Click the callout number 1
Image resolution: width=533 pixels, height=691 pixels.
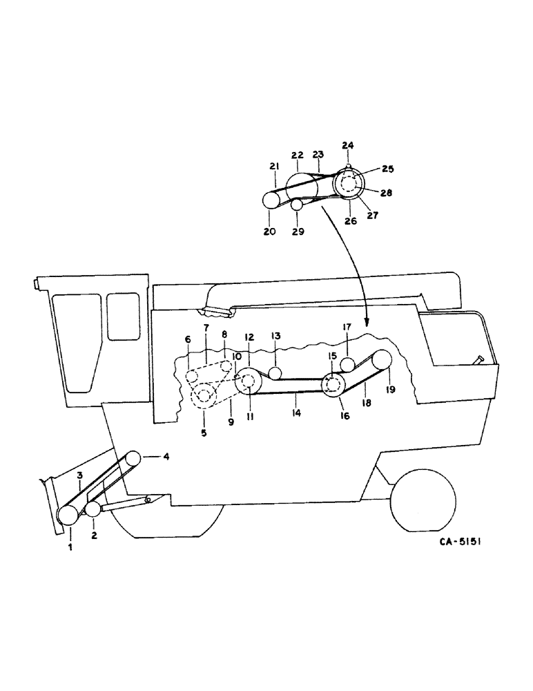(70, 547)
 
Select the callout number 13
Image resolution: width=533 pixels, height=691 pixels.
(275, 335)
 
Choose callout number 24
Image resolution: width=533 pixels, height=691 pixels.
(347, 145)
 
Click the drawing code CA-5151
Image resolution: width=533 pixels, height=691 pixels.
(460, 543)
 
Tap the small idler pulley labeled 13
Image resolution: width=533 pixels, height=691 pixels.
(275, 373)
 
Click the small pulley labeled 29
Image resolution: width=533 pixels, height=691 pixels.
(297, 205)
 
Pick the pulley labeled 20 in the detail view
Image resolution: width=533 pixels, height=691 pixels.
(271, 200)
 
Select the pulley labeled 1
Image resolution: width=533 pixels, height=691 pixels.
(68, 515)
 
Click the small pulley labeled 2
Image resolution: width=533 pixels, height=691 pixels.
(93, 510)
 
